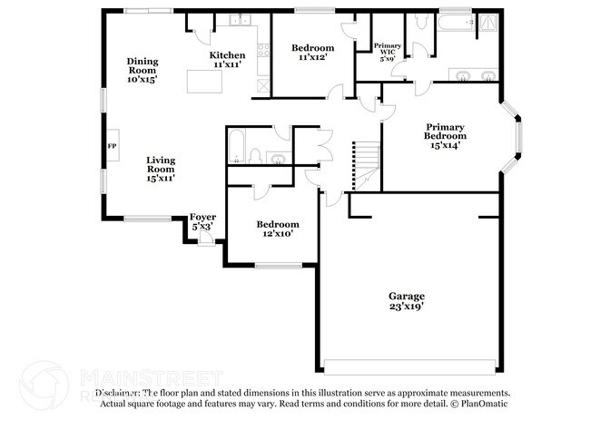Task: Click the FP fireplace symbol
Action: (x=112, y=145)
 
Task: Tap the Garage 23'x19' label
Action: (x=406, y=301)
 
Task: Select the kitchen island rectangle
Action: (x=205, y=81)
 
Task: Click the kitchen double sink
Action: (x=239, y=21)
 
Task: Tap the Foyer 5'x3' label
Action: (x=202, y=221)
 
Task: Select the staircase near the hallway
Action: (x=363, y=163)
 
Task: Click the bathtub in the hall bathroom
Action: (x=234, y=146)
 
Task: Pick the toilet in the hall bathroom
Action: (x=255, y=156)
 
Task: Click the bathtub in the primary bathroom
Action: (x=457, y=24)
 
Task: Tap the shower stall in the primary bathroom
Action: (x=488, y=23)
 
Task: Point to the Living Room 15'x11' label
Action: (x=162, y=169)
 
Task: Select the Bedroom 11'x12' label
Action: (x=311, y=52)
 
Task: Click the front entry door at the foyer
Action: (x=206, y=239)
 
